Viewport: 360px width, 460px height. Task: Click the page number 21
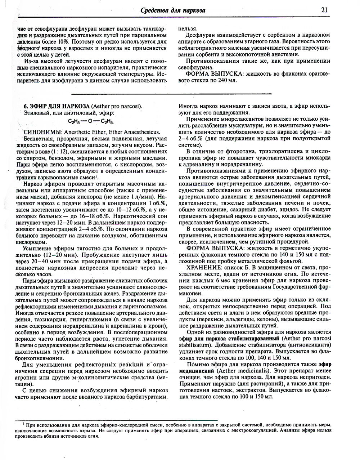coord(324,10)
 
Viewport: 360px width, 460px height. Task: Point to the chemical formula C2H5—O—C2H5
coord(91,121)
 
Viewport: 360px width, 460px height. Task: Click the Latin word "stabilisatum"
coord(195,345)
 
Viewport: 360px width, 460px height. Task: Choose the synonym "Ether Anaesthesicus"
coord(135,132)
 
